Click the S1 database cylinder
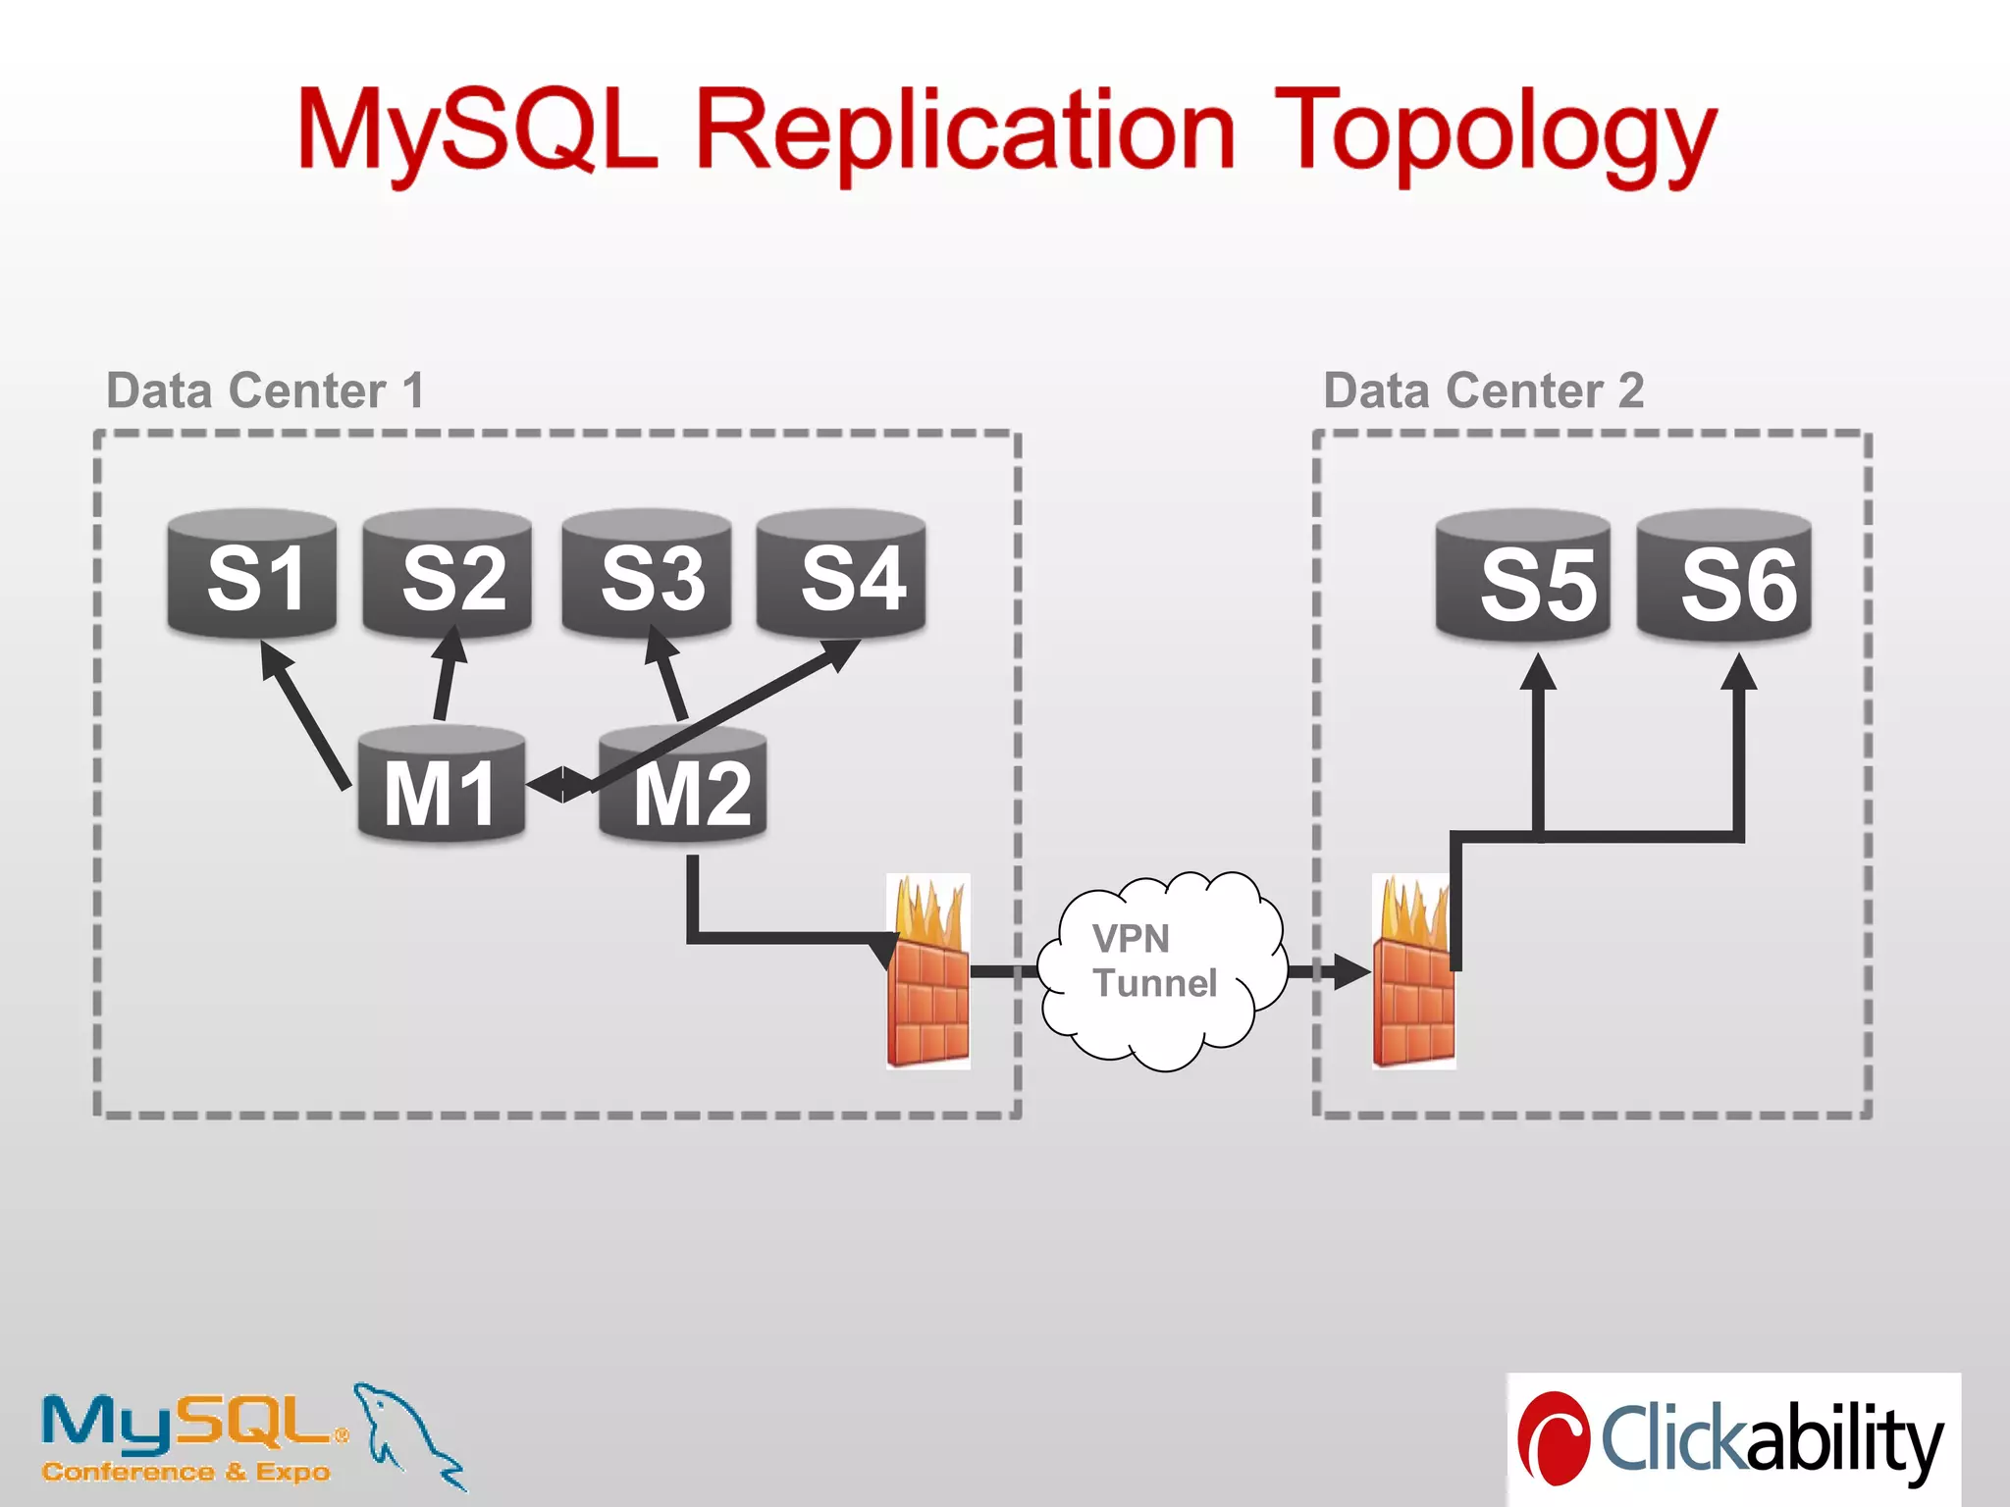coord(252,575)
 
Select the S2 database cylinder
coord(448,575)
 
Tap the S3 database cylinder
coord(646,575)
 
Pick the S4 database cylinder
coord(842,575)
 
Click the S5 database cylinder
coord(1522,579)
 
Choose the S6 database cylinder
coord(1724,579)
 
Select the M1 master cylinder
coord(441,786)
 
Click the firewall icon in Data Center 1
coord(928,971)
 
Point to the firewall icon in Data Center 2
coord(1413,971)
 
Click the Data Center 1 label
coord(265,390)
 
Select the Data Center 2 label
coord(1483,390)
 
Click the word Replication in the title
coord(966,132)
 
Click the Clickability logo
coord(1733,1438)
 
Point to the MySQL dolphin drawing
coord(407,1433)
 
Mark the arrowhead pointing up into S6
coord(1739,674)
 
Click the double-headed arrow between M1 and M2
coord(561,785)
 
